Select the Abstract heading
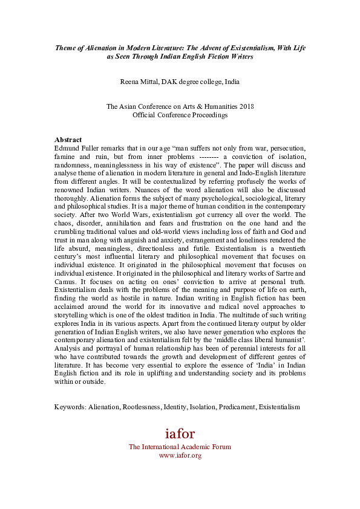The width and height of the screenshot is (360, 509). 68,139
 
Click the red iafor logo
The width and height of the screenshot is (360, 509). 180,433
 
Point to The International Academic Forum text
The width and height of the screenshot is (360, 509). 180,447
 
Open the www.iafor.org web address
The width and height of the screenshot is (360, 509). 180,455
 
